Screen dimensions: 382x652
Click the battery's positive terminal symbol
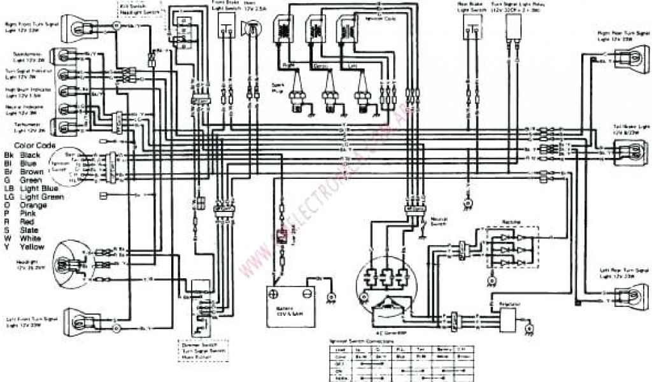click(x=274, y=294)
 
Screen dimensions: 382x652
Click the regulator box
click(x=503, y=317)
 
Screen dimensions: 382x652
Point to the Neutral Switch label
click(x=439, y=221)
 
